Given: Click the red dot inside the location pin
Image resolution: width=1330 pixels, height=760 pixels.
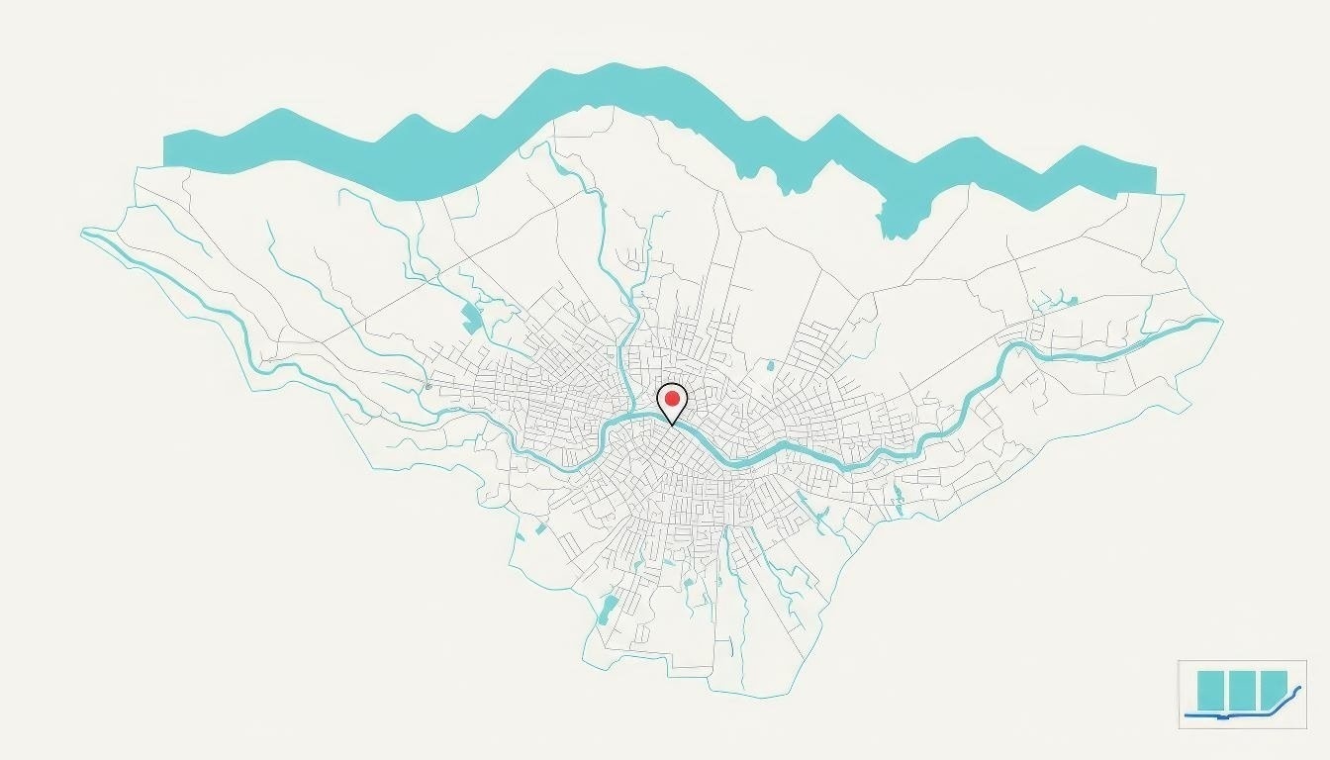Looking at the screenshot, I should pyautogui.click(x=672, y=399).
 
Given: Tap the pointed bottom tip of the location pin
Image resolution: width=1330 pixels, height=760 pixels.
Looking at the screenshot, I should pyautogui.click(x=672, y=426).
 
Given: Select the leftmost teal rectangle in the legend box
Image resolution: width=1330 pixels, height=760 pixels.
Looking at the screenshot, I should pyautogui.click(x=1211, y=690).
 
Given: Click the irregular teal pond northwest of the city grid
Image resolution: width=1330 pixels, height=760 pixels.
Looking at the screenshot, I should pyautogui.click(x=472, y=319).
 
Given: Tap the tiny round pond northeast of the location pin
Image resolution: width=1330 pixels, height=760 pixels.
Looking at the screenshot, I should pyautogui.click(x=770, y=366).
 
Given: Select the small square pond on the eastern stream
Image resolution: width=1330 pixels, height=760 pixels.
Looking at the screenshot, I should pyautogui.click(x=1073, y=299).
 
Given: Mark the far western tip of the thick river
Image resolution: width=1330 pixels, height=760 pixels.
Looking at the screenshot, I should pyautogui.click(x=85, y=233).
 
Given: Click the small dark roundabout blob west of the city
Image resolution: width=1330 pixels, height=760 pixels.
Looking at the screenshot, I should pyautogui.click(x=427, y=385).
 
